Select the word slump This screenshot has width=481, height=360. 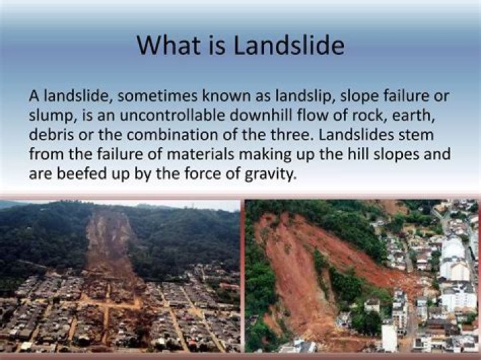48,116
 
